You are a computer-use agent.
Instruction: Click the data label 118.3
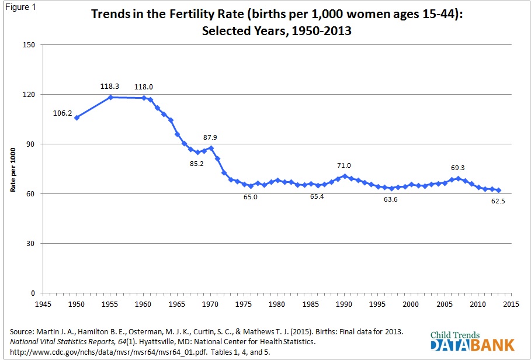(x=110, y=86)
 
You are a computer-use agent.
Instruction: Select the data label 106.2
(x=63, y=113)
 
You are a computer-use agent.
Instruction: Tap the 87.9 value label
(x=210, y=137)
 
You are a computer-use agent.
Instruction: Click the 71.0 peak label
(x=345, y=166)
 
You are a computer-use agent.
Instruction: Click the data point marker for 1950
(x=77, y=117)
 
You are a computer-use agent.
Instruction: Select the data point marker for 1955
(x=110, y=97)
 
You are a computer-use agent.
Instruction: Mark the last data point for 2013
(x=498, y=190)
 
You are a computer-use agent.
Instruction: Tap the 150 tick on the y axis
(x=29, y=45)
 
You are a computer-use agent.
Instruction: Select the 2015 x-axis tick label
(x=511, y=304)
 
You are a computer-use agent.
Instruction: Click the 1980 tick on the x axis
(x=277, y=304)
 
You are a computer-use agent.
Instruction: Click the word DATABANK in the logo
(x=473, y=345)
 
